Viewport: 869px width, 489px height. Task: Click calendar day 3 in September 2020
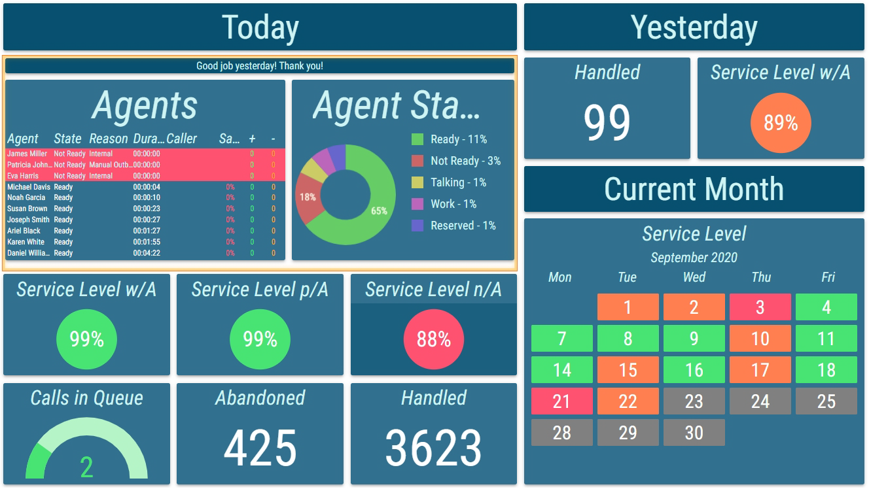tap(760, 307)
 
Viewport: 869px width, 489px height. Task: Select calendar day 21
tap(561, 401)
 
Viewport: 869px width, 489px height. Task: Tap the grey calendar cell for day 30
tap(694, 433)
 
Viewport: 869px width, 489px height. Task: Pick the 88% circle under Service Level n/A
tap(433, 339)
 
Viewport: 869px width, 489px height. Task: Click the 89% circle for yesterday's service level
tap(780, 123)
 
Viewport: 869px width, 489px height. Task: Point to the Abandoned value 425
tap(260, 448)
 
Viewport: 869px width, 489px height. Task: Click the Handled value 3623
tap(433, 448)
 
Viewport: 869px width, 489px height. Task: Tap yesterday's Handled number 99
tap(607, 123)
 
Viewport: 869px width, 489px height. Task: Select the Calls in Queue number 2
tap(86, 467)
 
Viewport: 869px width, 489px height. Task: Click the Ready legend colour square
tap(417, 139)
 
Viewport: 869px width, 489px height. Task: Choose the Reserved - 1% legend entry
tap(463, 226)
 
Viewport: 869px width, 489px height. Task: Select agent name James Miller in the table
tap(27, 154)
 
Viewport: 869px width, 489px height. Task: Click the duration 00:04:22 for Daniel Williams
tap(147, 253)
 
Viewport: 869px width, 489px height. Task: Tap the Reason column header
tap(109, 139)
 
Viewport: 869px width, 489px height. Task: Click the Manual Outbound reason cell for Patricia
tap(110, 165)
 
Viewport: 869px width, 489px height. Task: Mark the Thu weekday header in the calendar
tap(760, 277)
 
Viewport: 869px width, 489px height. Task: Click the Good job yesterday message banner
tap(260, 66)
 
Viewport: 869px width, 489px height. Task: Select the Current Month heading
tap(694, 189)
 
